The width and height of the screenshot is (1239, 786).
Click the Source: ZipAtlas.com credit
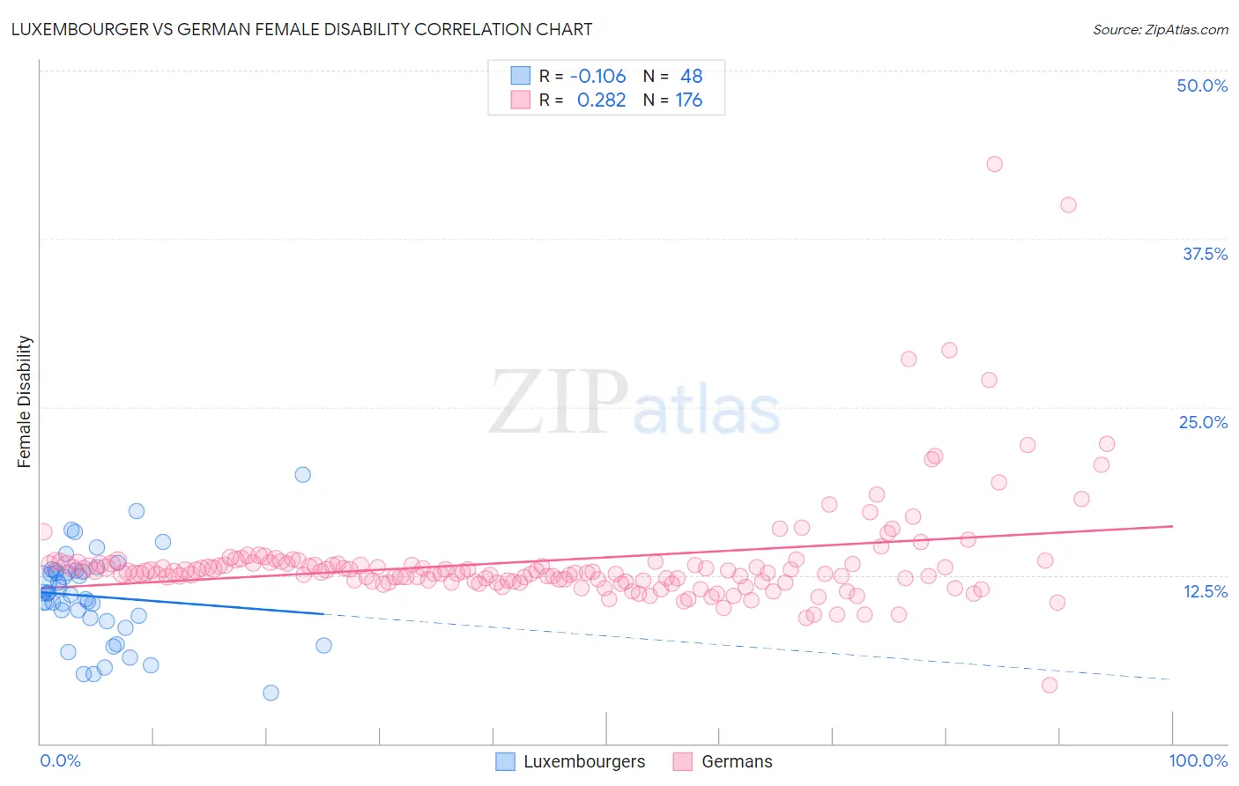click(1160, 29)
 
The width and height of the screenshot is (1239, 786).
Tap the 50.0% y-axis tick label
click(1202, 85)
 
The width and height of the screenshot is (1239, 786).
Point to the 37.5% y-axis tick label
click(1205, 254)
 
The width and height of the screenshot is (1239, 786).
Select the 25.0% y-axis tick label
click(1203, 422)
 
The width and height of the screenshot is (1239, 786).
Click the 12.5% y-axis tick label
click(1205, 591)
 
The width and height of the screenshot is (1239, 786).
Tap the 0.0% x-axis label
click(60, 760)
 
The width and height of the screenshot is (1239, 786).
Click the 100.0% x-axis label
click(1198, 760)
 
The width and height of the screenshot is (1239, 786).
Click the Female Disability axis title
click(25, 401)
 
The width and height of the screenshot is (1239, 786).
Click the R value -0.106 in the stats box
click(597, 76)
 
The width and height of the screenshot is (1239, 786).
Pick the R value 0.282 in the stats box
click(601, 100)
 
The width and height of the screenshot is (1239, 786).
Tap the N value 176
click(688, 100)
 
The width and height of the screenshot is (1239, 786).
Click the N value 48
click(691, 76)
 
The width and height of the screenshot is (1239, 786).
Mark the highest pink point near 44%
click(994, 164)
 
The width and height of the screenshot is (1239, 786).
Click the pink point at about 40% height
click(1068, 204)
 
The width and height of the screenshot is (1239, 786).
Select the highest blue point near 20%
click(302, 474)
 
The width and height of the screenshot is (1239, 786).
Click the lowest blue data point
click(271, 693)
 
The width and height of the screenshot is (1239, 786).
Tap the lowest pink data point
click(1049, 685)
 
